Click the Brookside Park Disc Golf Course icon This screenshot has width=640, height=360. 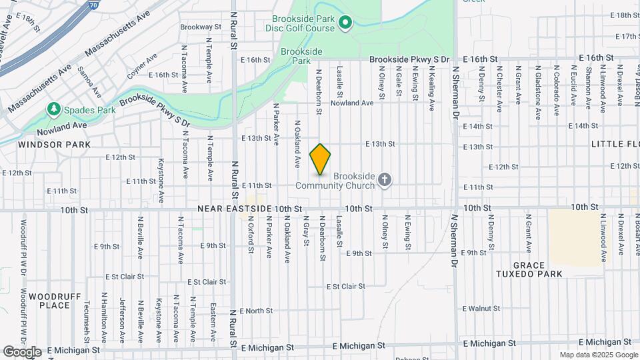click(345, 24)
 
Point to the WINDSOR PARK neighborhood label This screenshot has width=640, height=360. click(45, 144)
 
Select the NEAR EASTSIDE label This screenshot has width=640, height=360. click(234, 209)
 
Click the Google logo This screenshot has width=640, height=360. click(21, 351)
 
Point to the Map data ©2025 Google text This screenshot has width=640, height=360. click(598, 355)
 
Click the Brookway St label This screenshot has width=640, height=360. click(201, 27)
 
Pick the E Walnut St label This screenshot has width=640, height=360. click(481, 309)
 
